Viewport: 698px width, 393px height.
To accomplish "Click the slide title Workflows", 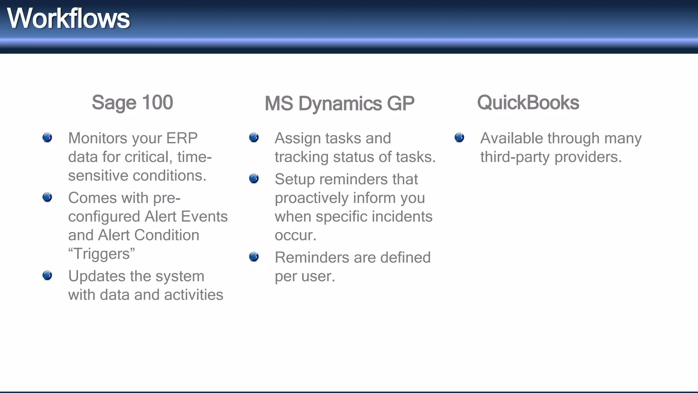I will tap(68, 19).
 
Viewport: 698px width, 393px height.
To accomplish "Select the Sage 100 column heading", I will tap(132, 102).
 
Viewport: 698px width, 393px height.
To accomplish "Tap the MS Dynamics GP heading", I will tap(339, 103).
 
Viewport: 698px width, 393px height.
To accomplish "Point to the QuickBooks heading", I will tap(528, 102).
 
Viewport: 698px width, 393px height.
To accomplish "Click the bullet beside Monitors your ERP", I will tap(47, 137).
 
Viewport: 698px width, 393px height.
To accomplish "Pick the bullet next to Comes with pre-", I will tap(47, 197).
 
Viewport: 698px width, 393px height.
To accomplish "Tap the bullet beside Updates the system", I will tap(47, 275).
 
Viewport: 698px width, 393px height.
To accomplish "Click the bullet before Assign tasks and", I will tap(254, 137).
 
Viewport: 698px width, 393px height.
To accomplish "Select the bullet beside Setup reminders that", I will tap(254, 178).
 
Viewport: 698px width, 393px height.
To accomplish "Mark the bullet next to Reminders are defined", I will tap(254, 257).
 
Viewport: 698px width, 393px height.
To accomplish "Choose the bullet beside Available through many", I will tap(459, 137).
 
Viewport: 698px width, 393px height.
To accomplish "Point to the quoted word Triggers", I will tap(102, 254).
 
